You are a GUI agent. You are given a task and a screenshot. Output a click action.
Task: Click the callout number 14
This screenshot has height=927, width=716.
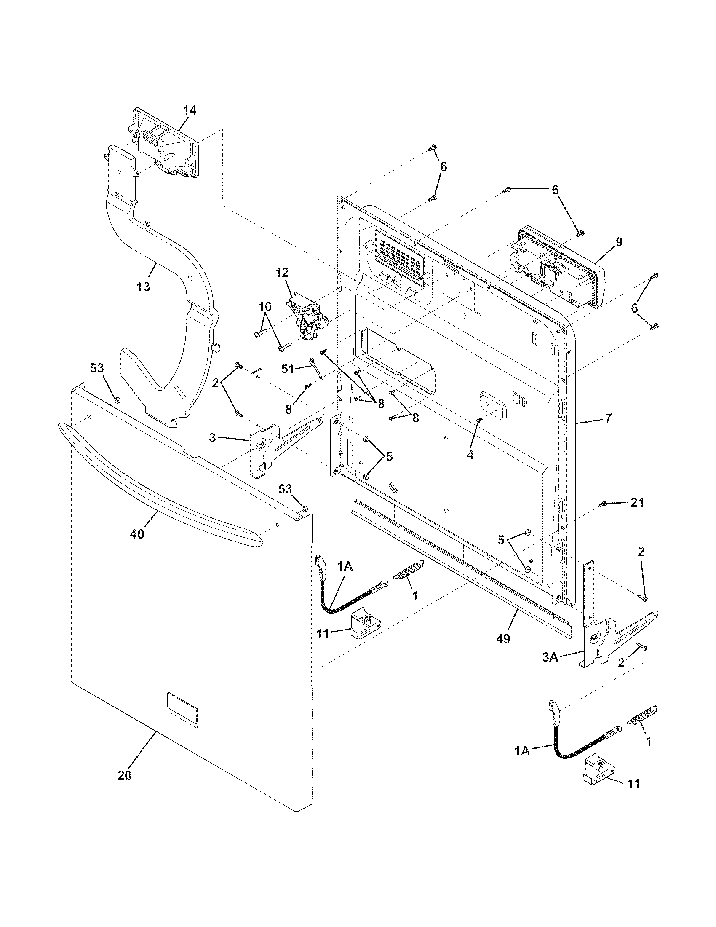(x=190, y=110)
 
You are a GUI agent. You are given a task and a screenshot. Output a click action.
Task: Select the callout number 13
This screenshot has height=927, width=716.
(x=144, y=287)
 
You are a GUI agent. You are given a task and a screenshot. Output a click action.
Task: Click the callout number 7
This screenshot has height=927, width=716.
(x=608, y=418)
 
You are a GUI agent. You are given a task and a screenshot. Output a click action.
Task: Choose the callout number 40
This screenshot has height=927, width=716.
(x=137, y=534)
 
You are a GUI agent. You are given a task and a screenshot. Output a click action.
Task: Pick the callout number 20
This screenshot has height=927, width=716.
(x=124, y=775)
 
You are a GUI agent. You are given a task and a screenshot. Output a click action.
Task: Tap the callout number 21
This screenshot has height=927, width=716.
(x=636, y=503)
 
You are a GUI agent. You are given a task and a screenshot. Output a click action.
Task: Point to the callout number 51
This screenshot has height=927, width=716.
(x=288, y=369)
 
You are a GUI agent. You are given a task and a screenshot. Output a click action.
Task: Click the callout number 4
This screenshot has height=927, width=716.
(x=470, y=455)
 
